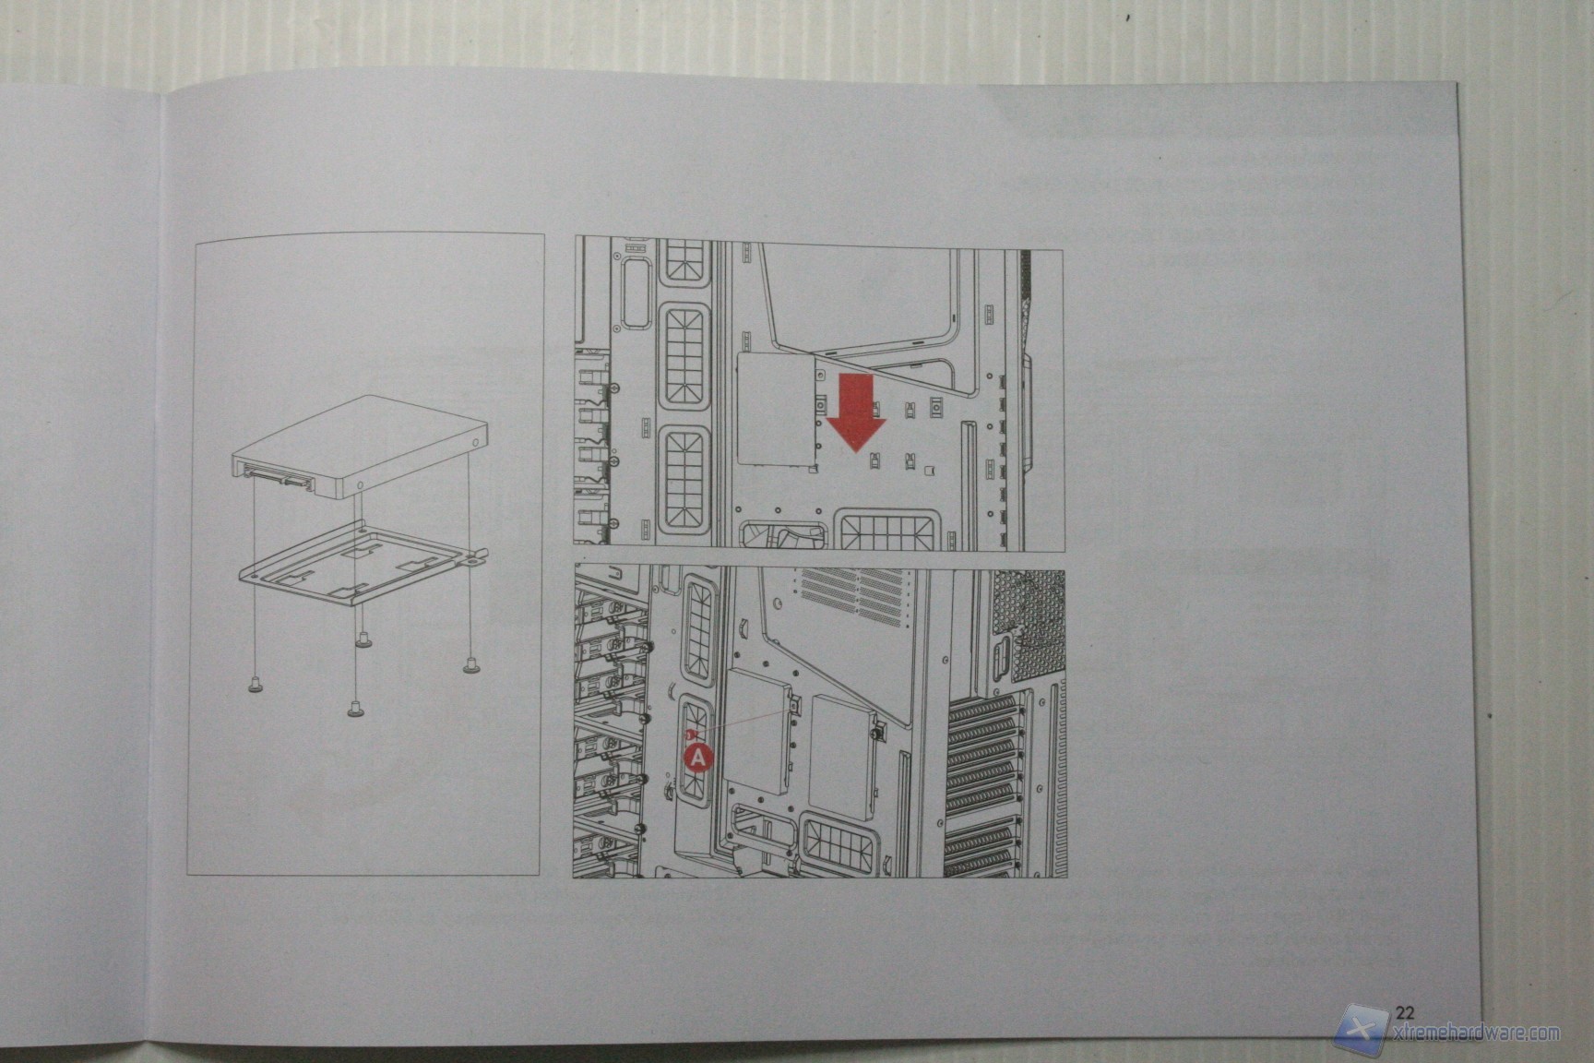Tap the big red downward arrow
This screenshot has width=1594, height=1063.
point(855,411)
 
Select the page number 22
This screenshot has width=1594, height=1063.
point(1405,1010)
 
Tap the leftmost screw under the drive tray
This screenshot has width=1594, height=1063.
point(254,683)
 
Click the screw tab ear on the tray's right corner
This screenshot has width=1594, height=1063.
point(477,556)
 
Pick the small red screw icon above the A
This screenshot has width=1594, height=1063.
point(688,734)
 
